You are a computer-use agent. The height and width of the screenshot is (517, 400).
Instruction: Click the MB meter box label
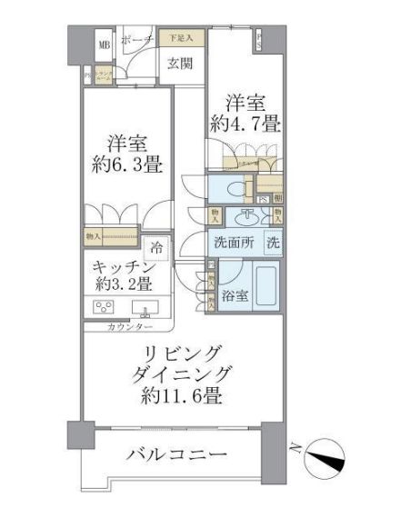pos(104,45)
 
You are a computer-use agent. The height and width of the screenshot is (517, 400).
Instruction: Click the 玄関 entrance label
pos(180,64)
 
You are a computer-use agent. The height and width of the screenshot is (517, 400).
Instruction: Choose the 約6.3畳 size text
pos(127,168)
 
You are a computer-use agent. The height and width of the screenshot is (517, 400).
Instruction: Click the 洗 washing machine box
pos(273,244)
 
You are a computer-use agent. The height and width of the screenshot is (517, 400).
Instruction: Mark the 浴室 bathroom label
pos(235,296)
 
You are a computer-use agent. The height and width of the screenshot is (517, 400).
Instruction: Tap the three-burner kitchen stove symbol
pos(102,305)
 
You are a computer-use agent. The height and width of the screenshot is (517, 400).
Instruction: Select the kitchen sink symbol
pos(145,306)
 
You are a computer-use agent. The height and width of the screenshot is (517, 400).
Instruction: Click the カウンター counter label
pos(127,326)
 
